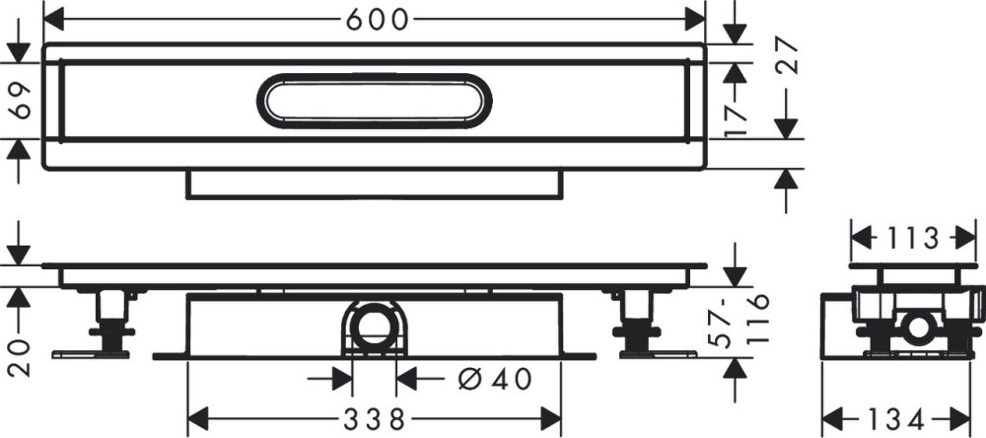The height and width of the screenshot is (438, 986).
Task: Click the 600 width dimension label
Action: point(378,21)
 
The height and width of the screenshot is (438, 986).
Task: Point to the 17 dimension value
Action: point(735,119)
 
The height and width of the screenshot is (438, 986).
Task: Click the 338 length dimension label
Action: point(375,418)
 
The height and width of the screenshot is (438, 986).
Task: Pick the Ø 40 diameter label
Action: point(495,379)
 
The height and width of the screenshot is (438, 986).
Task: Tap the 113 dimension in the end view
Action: point(913,239)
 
